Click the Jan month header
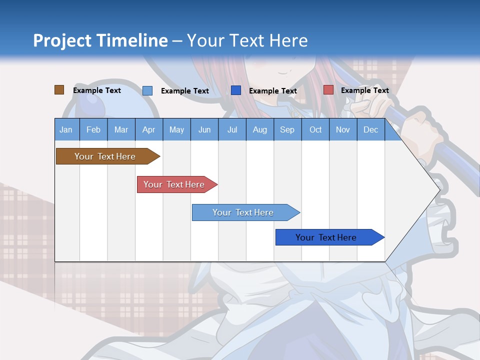(66, 129)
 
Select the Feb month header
(93, 129)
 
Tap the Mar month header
(121, 129)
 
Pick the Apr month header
(149, 129)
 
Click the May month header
(176, 129)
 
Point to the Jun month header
(204, 129)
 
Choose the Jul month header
(232, 129)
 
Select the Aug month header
(260, 129)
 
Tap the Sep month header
(287, 129)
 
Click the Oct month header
(315, 129)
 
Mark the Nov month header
(343, 129)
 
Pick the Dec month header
(371, 129)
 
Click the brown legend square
(59, 90)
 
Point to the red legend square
(328, 90)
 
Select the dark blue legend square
(236, 90)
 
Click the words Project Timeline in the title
(100, 40)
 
